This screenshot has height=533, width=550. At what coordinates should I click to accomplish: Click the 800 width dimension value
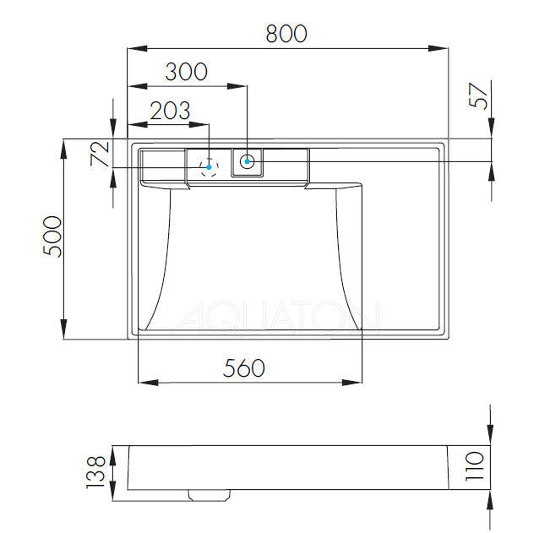pos(286,34)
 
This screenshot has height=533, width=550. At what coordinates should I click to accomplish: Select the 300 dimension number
pos(186,72)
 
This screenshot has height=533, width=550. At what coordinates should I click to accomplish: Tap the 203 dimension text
pos(170,111)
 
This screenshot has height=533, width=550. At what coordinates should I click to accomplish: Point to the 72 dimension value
pos(100,154)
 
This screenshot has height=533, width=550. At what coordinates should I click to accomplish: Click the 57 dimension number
pos(478,95)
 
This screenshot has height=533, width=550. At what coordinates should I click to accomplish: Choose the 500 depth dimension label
pos(52,237)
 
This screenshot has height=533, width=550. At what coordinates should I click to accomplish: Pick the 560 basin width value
pos(244,368)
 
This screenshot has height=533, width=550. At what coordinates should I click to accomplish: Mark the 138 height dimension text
pos(95,471)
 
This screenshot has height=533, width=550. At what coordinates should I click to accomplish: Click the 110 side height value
pos(474,466)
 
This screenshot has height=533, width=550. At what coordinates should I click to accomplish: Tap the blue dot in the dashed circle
pos(209,167)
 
